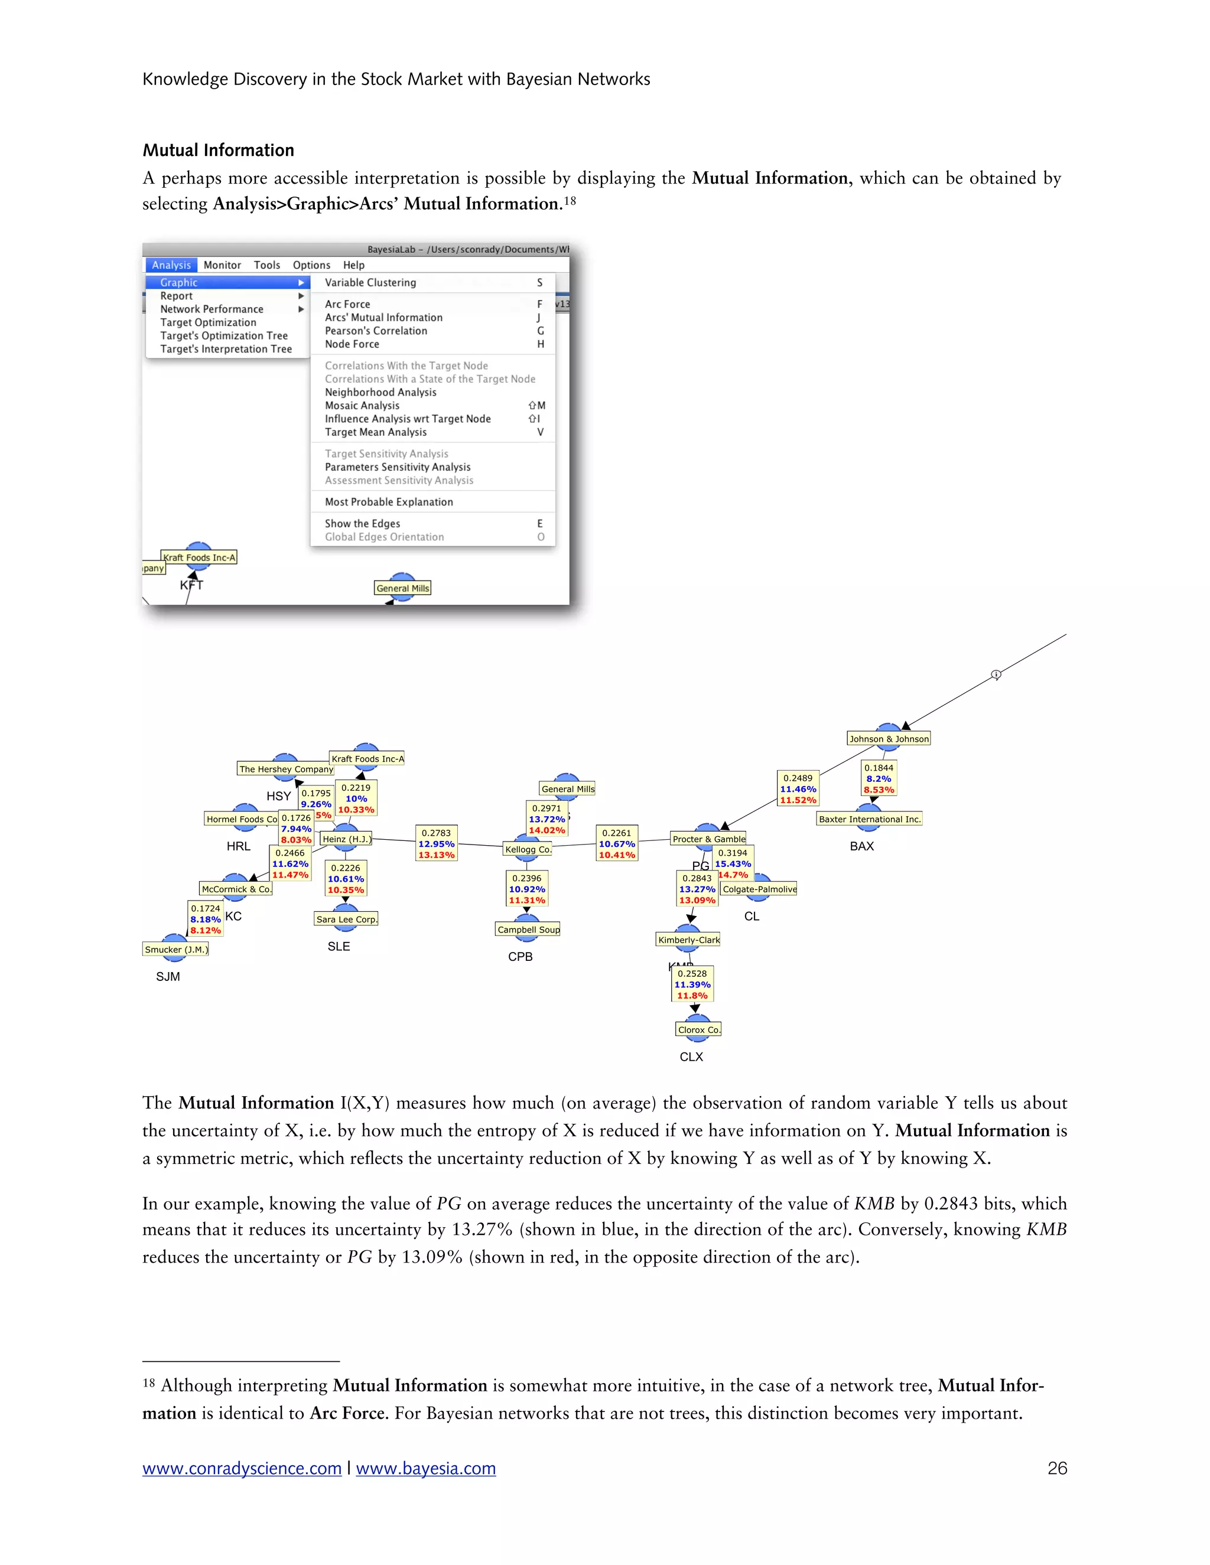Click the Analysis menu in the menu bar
tap(171, 265)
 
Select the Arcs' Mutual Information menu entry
tap(383, 318)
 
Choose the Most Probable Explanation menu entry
tap(389, 501)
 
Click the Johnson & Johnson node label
tap(889, 739)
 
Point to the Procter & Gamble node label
tap(708, 839)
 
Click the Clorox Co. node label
tap(699, 1030)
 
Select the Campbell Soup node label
tap(528, 930)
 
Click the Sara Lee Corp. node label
tap(346, 920)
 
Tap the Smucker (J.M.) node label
tap(176, 950)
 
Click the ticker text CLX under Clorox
tap(691, 1057)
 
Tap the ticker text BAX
tap(861, 846)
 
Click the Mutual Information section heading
tap(218, 150)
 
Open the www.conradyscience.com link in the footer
tap(242, 1468)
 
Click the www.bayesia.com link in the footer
tap(426, 1468)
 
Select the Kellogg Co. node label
tap(528, 849)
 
